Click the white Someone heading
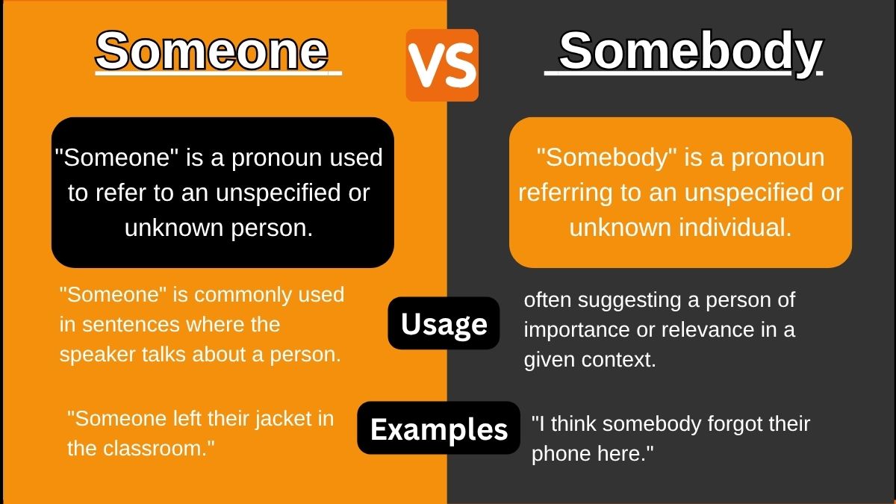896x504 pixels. [x=212, y=51]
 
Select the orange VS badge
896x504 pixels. [x=442, y=65]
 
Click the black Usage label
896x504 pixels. [x=444, y=324]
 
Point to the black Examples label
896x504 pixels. [x=439, y=429]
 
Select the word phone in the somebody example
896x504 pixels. [x=561, y=454]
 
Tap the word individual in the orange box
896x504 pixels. [x=732, y=228]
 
